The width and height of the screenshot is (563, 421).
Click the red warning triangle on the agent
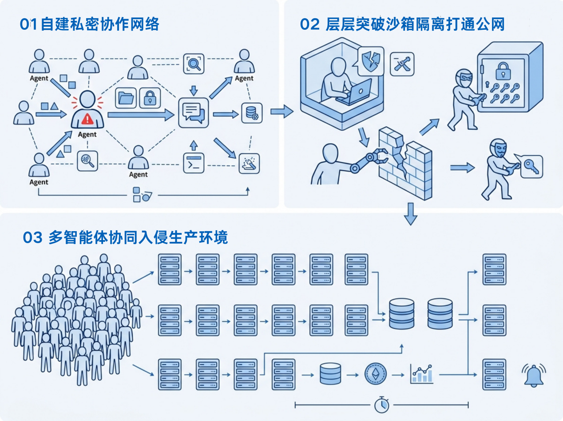(x=87, y=119)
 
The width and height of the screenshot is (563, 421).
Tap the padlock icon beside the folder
(x=150, y=98)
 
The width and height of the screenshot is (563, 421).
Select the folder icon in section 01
(x=126, y=98)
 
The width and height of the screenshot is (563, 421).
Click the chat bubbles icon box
(x=194, y=112)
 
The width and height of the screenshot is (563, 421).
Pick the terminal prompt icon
(x=194, y=163)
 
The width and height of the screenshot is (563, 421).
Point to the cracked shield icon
(x=371, y=61)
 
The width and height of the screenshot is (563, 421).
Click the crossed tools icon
(x=402, y=64)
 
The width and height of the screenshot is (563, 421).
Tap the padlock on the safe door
(x=503, y=71)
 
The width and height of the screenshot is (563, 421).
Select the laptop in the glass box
(x=355, y=93)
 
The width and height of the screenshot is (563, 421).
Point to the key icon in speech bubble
(x=531, y=166)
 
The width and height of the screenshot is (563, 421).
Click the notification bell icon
(x=534, y=375)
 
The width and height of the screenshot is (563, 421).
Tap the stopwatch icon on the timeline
(x=382, y=405)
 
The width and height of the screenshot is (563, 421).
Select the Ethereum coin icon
(x=376, y=374)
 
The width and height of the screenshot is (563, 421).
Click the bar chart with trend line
(x=422, y=374)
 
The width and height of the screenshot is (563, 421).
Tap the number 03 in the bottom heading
(x=32, y=237)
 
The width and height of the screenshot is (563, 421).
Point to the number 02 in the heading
(x=310, y=24)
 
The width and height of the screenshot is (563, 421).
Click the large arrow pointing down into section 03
(x=411, y=214)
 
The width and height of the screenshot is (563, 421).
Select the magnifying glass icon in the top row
(x=194, y=64)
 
